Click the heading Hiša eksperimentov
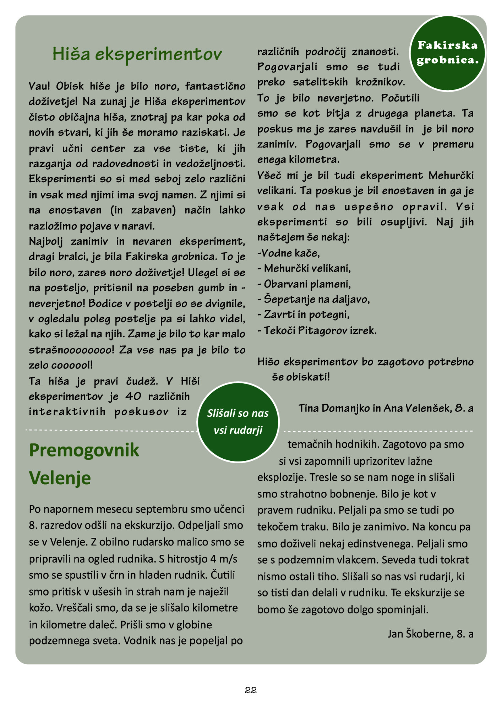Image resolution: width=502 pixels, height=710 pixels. tap(137, 54)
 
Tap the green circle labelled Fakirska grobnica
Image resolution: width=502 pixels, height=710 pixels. tap(447, 53)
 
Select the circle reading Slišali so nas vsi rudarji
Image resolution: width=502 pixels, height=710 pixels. tap(238, 422)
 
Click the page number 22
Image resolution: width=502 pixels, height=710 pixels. tap(251, 690)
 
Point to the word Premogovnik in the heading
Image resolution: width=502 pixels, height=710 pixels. tap(84, 450)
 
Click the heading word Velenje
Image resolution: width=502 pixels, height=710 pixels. tap(60, 478)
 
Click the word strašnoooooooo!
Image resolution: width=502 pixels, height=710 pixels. tap(71, 350)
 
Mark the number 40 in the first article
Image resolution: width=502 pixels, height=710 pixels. tap(133, 396)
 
